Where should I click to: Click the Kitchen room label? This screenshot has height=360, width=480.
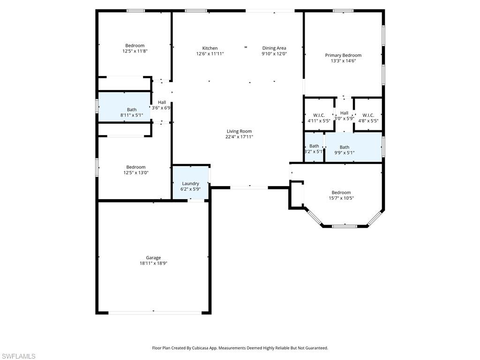point(210,48)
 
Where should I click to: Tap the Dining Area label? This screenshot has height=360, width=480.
point(274,48)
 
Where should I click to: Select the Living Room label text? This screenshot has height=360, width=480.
point(239,132)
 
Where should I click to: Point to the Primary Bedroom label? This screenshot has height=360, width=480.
point(343,55)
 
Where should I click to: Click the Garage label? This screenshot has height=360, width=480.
point(153,258)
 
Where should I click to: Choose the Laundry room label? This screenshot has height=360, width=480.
point(190,184)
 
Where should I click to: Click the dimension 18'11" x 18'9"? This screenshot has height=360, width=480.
point(153,263)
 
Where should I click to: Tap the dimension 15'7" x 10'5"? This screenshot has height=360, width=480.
point(341,198)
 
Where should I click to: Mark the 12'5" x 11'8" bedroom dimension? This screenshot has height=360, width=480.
point(135,51)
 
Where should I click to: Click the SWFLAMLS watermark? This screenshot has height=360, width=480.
point(18,356)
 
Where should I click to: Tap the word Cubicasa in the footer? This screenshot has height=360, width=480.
point(202,348)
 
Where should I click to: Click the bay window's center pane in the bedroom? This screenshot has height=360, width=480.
point(345,226)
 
